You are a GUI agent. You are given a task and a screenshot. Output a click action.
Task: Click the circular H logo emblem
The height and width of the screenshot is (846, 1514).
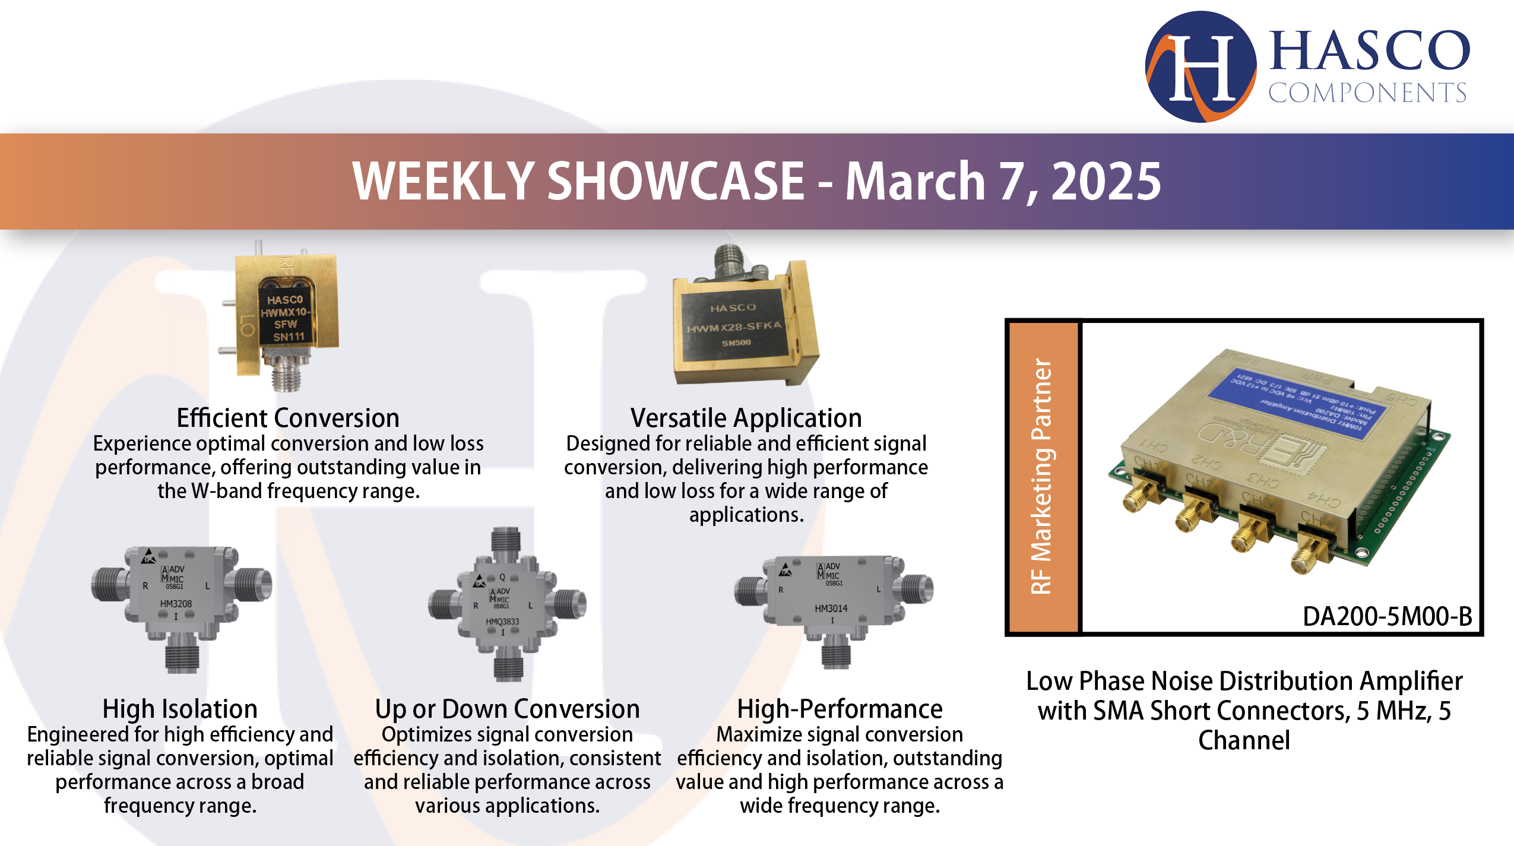click(1201, 66)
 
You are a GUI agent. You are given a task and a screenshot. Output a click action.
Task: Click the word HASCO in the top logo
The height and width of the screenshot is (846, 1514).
click(1369, 51)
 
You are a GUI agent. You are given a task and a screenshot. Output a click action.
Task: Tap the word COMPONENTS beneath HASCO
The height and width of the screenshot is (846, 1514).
click(1367, 93)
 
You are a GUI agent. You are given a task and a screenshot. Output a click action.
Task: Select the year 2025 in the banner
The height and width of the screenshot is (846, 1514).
click(1106, 182)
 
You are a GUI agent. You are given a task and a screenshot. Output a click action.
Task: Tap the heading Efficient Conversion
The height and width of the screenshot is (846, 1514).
click(288, 418)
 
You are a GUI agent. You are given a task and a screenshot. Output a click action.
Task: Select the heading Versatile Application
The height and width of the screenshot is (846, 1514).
click(746, 418)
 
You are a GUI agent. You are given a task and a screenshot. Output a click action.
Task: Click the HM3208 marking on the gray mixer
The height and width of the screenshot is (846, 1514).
click(176, 604)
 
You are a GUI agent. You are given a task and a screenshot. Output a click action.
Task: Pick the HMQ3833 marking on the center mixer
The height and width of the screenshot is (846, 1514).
click(502, 622)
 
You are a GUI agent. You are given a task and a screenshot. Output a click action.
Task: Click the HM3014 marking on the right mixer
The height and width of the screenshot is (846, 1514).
click(831, 609)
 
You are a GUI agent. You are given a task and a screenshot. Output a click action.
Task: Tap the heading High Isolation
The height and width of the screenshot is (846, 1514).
click(180, 709)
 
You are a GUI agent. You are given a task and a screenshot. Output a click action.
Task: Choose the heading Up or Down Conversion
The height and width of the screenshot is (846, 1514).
click(507, 709)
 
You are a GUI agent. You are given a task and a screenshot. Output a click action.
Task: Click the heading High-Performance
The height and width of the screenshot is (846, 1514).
click(840, 709)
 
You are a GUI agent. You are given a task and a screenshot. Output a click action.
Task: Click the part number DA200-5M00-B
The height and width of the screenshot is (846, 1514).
click(1387, 616)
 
